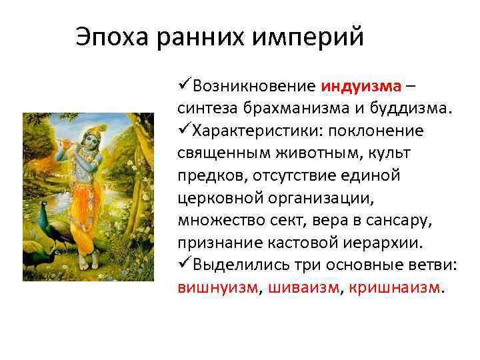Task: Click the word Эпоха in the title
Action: coord(112,37)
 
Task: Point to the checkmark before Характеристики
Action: coord(184,130)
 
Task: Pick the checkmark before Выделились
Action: coord(184,265)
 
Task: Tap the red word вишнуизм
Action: coord(217,288)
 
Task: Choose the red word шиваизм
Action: coord(303,288)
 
